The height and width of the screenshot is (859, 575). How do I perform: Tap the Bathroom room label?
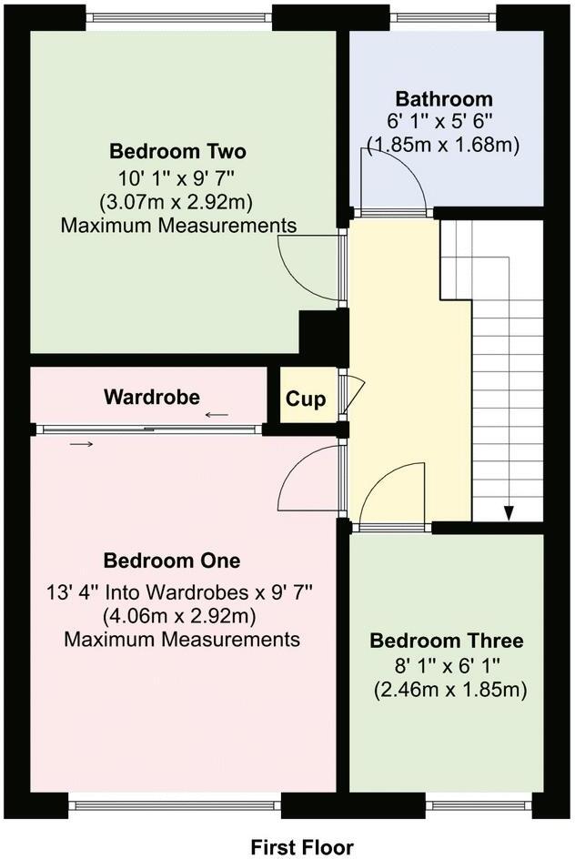(x=444, y=99)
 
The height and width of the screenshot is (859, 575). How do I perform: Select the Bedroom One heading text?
(x=172, y=560)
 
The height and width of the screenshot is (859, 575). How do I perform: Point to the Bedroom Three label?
(x=446, y=641)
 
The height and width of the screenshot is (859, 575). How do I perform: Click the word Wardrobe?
(x=151, y=397)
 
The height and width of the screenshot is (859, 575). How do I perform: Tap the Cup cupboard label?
(x=306, y=399)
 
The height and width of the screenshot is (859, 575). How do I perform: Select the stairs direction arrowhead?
(x=509, y=513)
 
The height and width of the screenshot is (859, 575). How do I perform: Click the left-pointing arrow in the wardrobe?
(x=217, y=415)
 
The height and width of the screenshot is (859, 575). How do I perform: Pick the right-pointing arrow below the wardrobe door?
(x=82, y=444)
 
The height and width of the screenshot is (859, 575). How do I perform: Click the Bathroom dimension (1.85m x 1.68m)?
(x=443, y=144)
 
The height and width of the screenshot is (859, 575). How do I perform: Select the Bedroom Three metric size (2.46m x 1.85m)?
(x=450, y=690)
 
